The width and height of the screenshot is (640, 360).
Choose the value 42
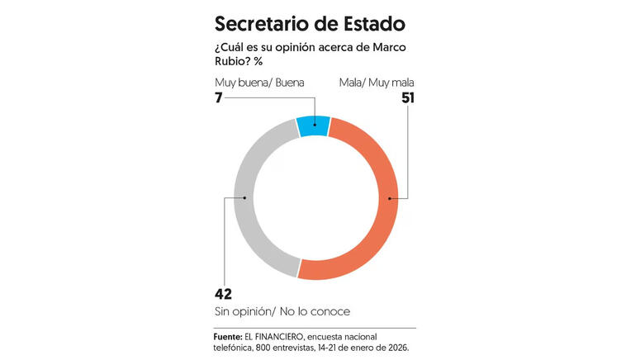223,294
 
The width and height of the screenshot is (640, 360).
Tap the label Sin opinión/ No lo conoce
282,311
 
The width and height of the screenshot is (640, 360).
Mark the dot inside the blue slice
314,126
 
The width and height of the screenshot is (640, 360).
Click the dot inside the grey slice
247,198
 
